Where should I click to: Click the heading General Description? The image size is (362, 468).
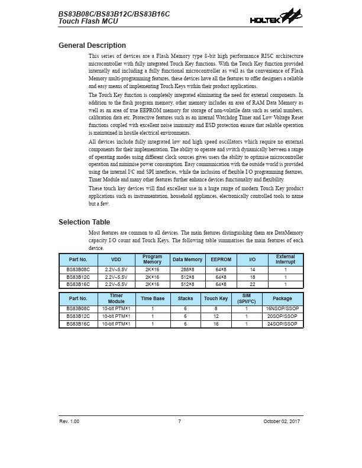[x=92, y=45]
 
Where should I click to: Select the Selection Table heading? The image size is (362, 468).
[x=84, y=222]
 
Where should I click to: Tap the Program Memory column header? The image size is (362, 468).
[x=152, y=259]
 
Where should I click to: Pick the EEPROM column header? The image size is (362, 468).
[x=221, y=259]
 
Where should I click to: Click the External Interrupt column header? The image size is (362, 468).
[x=285, y=259]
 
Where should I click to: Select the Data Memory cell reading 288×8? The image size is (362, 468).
[x=187, y=269]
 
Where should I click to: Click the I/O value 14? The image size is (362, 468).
[x=253, y=269]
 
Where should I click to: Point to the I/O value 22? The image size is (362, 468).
[x=253, y=284]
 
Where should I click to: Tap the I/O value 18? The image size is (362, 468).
[x=253, y=277]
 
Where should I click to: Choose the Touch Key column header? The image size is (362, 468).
[x=216, y=299]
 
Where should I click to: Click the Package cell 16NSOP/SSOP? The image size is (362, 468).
[x=282, y=309]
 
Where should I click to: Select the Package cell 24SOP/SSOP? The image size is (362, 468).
[x=282, y=324]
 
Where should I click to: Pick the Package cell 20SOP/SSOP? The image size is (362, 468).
[x=282, y=316]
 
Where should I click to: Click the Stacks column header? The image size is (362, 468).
[x=185, y=299]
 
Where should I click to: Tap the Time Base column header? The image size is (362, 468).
[x=153, y=299]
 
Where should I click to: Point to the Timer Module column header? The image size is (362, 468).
[x=117, y=299]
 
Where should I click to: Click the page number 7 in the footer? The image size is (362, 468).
[x=179, y=421]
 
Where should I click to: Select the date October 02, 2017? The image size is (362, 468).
[x=282, y=421]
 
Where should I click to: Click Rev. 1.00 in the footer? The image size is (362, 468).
[x=69, y=421]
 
